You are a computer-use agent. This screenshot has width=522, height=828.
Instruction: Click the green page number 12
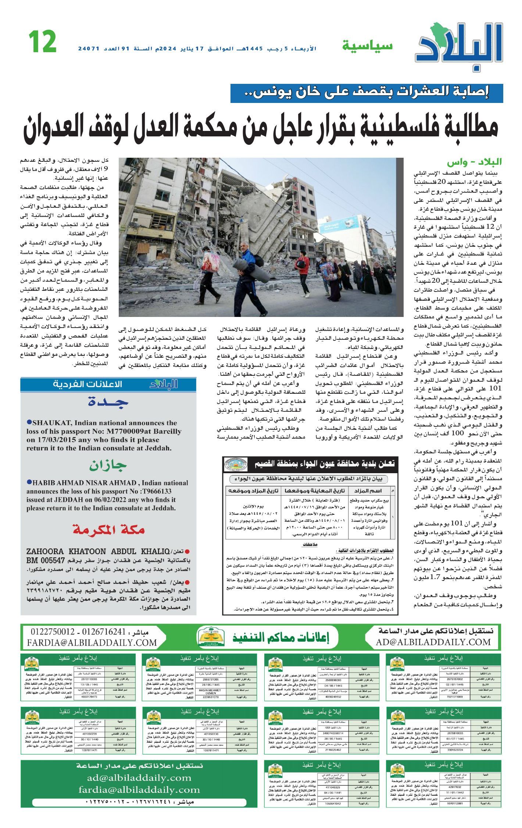tap(42, 42)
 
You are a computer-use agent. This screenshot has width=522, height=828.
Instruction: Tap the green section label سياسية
tap(367, 46)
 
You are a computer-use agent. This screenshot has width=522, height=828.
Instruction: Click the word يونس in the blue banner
tap(270, 93)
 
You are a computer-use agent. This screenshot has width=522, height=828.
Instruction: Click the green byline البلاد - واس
tap(474, 162)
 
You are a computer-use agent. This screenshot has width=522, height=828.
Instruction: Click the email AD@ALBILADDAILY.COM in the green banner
tap(433, 642)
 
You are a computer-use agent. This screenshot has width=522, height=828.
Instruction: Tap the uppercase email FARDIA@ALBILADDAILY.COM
tap(92, 643)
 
